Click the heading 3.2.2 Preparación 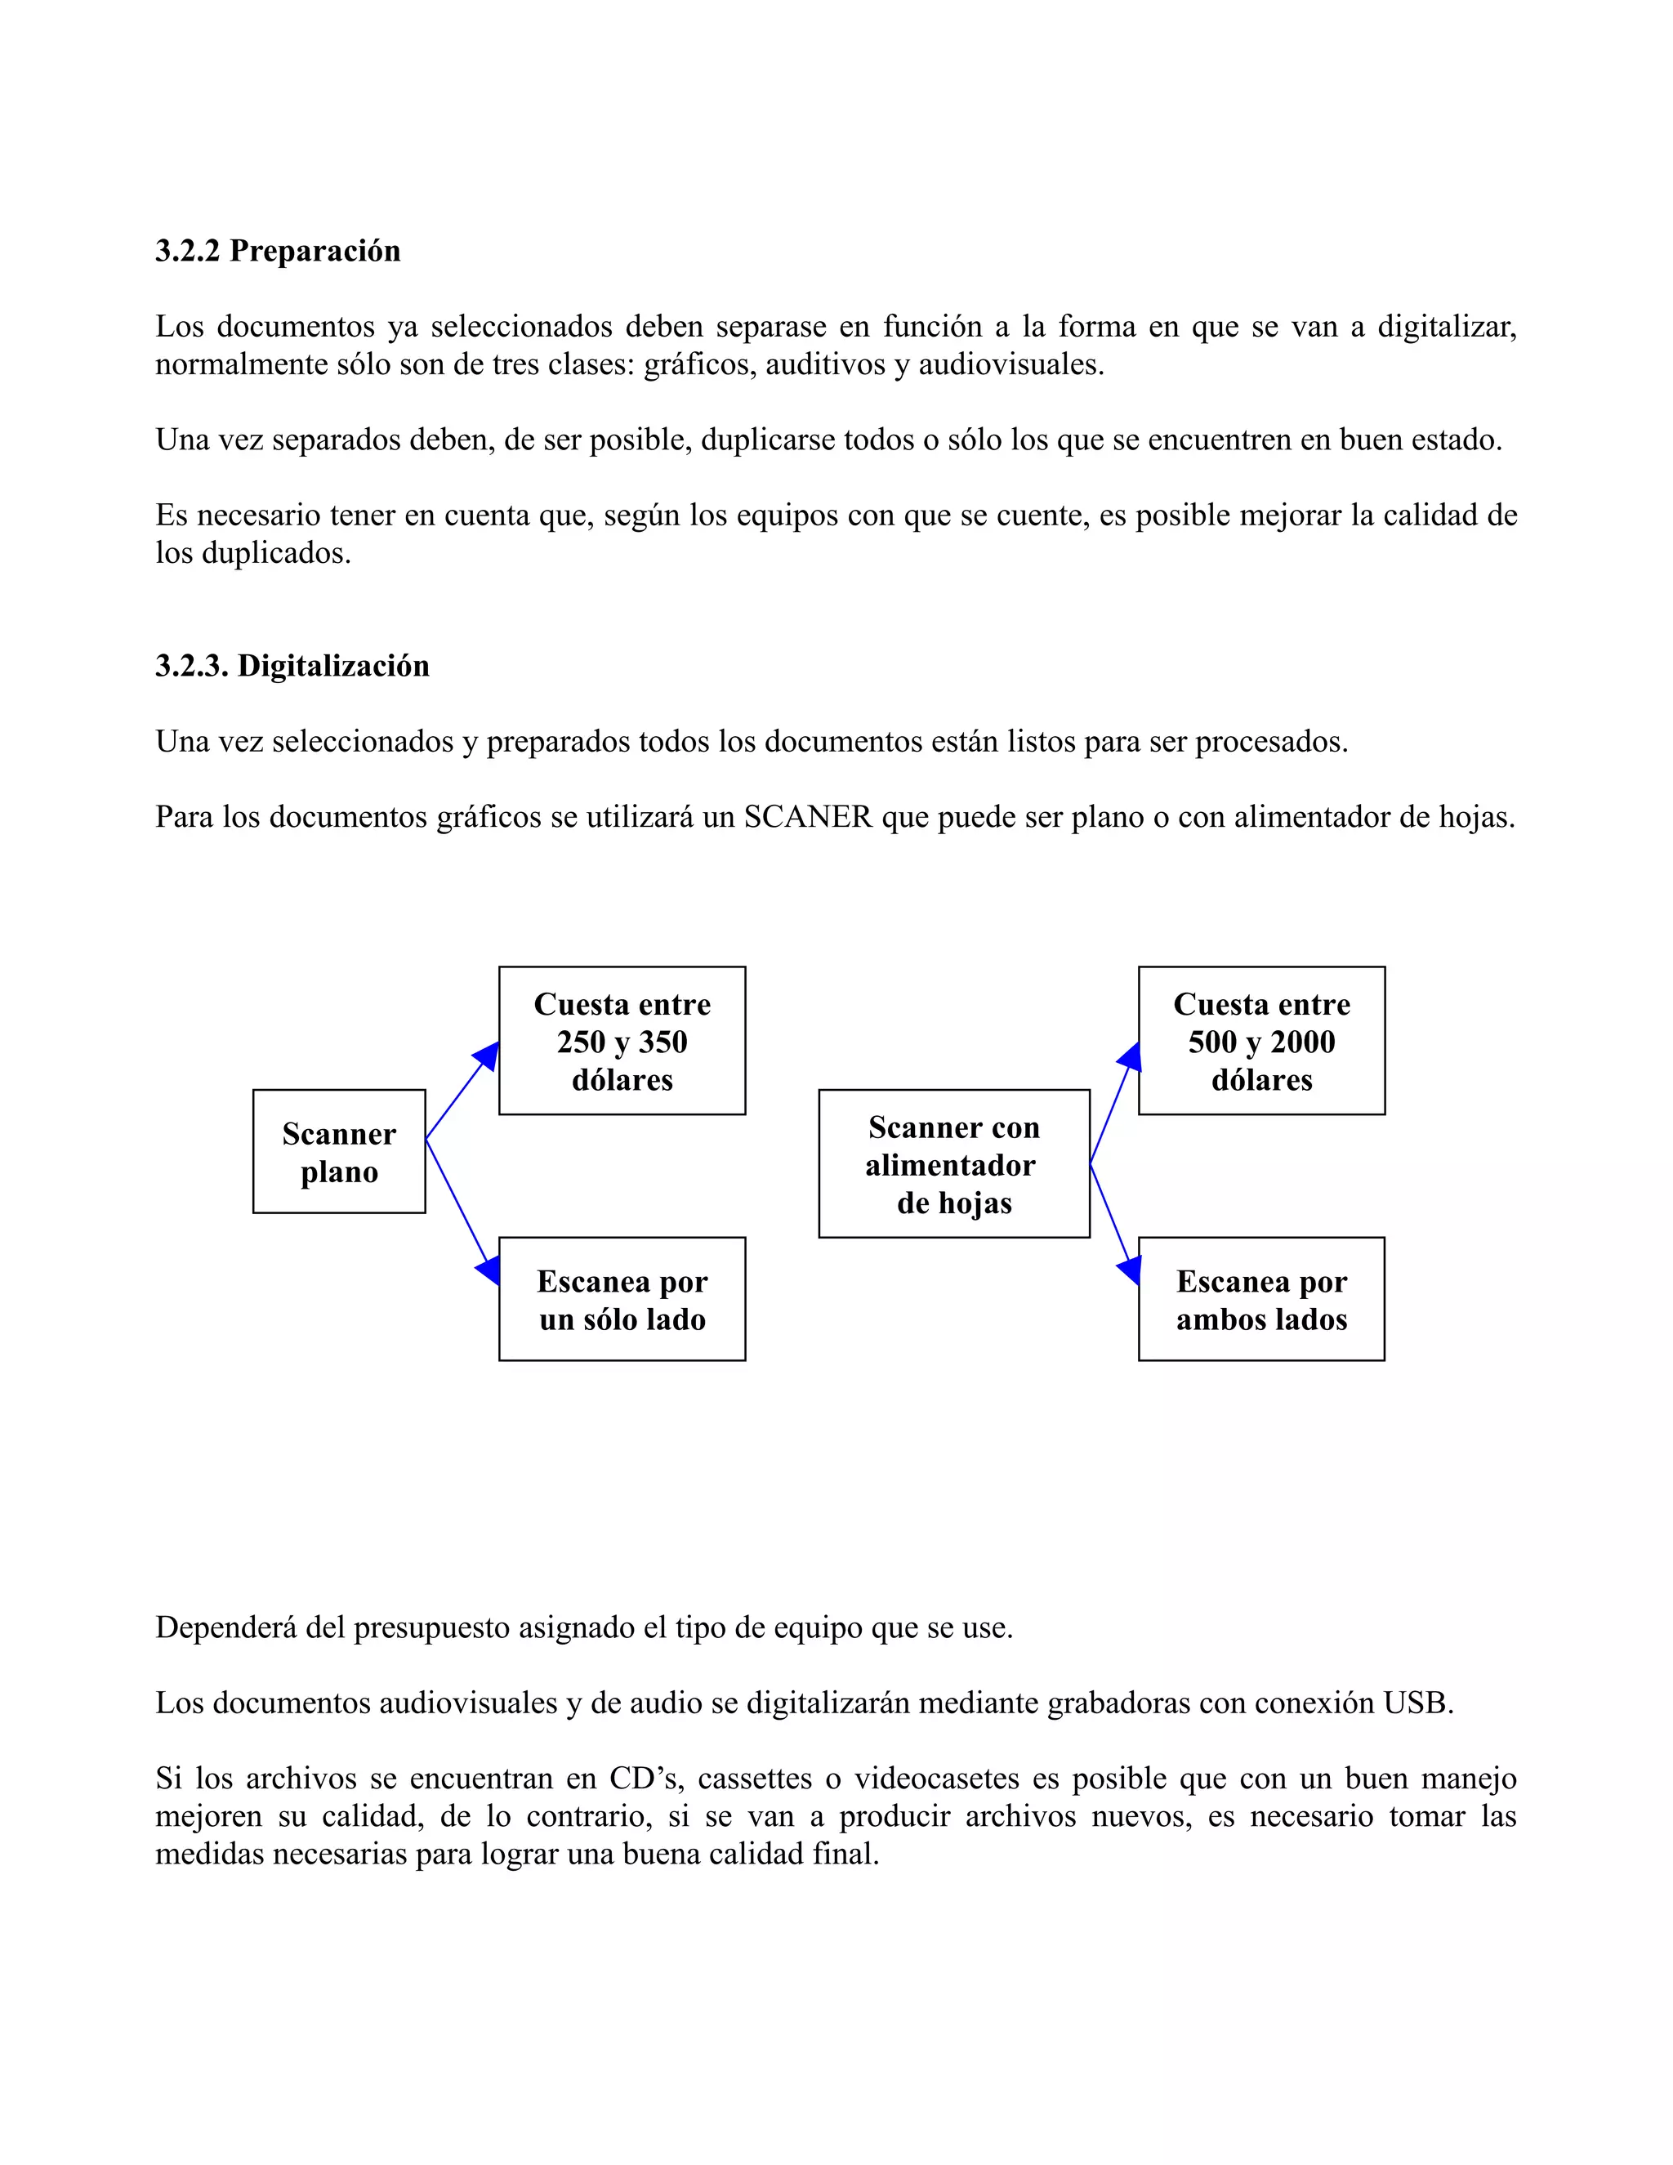278,251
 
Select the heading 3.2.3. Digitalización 292,665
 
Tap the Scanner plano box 339,1152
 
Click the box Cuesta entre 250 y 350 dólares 622,1041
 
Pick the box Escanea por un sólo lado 622,1300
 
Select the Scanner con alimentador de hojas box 953,1163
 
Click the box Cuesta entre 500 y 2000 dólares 1261,1041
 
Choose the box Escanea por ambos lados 1261,1300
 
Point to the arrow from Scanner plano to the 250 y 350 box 462,1091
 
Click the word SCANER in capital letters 808,817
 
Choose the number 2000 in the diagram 1302,1042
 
